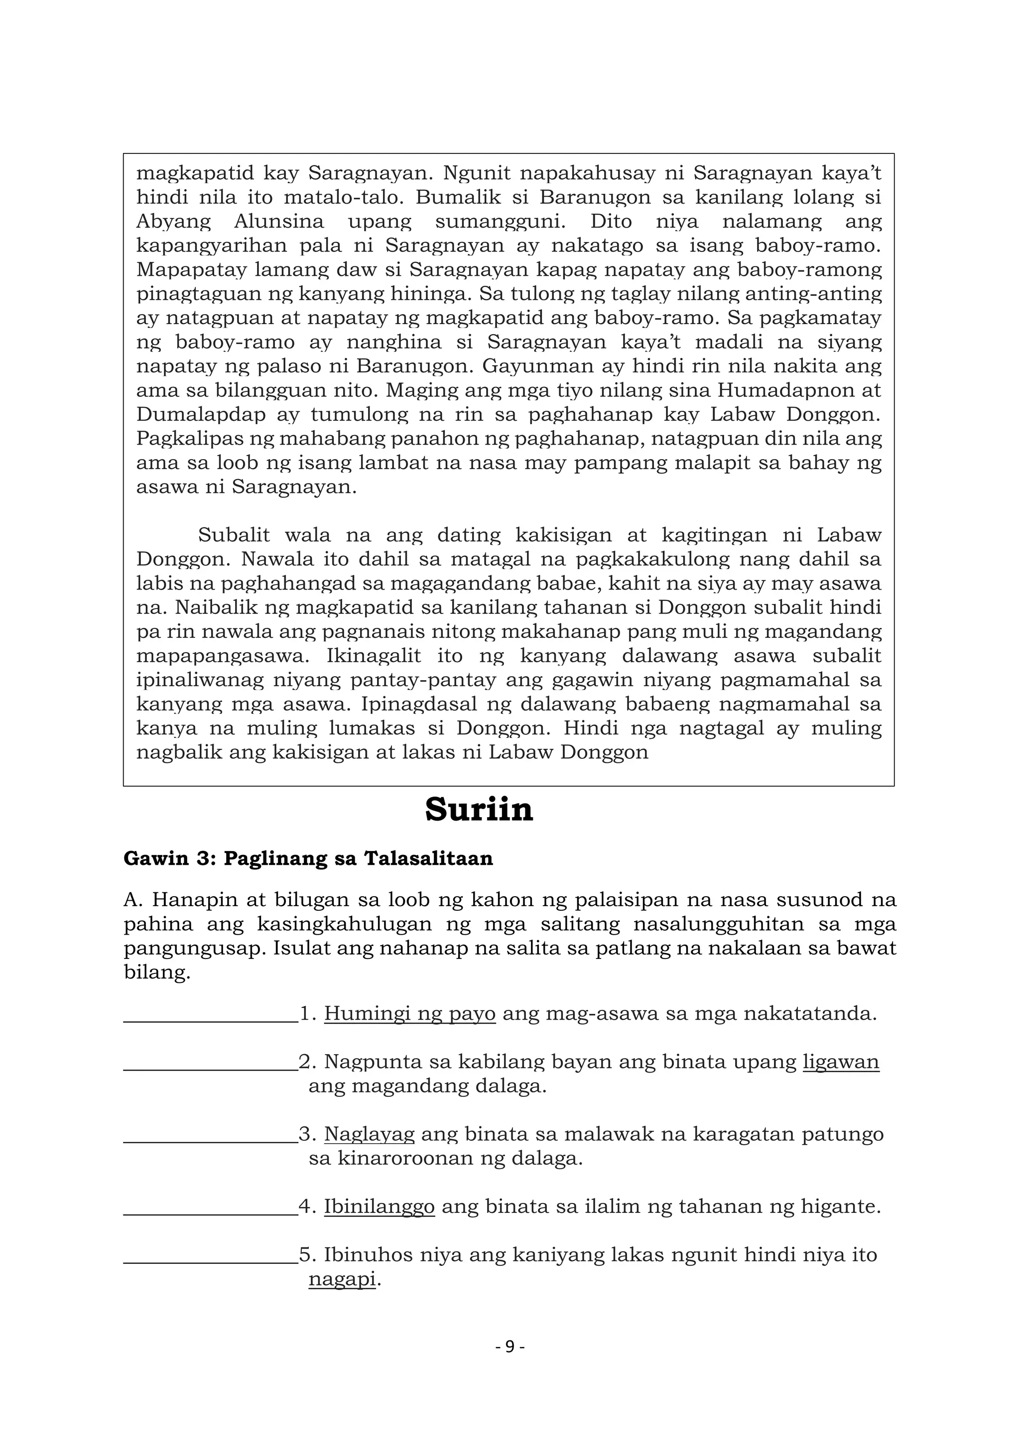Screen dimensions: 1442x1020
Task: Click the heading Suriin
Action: point(479,810)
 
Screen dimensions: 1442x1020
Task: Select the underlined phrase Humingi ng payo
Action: point(409,1014)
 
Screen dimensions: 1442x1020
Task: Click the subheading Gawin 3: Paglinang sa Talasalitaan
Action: point(308,858)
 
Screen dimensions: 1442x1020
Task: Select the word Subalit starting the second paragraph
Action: point(234,535)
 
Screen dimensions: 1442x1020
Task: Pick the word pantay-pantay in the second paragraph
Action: point(433,680)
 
